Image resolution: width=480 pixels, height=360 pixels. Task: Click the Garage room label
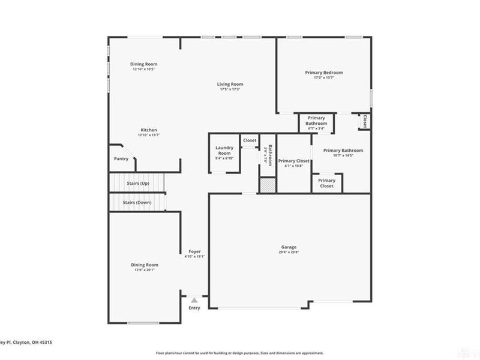(289, 247)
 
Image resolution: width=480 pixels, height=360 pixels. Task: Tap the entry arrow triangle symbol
(194, 299)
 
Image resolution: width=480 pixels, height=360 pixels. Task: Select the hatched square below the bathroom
(267, 185)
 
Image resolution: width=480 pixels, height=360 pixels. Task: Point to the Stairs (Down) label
(137, 202)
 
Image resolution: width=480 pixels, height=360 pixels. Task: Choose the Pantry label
(121, 159)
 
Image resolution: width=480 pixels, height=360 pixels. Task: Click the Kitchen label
(149, 130)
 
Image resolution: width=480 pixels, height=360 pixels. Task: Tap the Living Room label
(230, 84)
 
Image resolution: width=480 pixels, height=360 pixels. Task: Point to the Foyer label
(194, 251)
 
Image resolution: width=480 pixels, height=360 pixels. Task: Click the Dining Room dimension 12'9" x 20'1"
(145, 269)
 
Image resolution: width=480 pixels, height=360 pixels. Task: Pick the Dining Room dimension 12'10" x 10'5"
(144, 69)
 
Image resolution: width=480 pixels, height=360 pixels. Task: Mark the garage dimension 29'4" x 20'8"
(289, 253)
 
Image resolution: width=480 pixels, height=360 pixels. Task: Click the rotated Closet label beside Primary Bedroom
(364, 121)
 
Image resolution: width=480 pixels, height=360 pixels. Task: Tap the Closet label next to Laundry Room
(250, 140)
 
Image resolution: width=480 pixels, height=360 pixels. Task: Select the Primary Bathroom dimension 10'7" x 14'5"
(343, 155)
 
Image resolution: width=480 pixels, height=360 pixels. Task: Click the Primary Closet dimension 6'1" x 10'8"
(294, 166)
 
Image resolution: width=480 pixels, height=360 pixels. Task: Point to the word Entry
(194, 308)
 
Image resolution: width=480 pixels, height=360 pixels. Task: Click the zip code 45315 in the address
(44, 342)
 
